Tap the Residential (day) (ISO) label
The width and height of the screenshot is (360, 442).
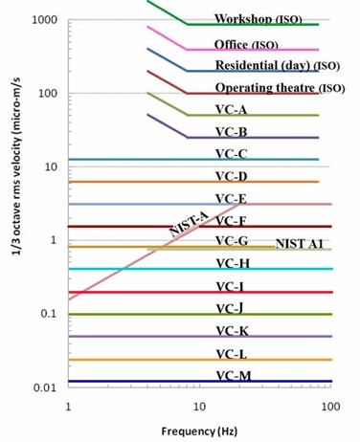(277, 65)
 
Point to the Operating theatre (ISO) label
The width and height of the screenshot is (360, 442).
(278, 88)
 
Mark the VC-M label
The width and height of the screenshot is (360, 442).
(233, 375)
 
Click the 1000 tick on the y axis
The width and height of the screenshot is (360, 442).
(43, 20)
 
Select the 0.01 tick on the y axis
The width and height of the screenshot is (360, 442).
(44, 387)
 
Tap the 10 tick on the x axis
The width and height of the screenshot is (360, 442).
(199, 406)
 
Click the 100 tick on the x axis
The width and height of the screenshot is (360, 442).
(330, 406)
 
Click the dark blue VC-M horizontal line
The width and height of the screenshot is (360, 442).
(144, 382)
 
